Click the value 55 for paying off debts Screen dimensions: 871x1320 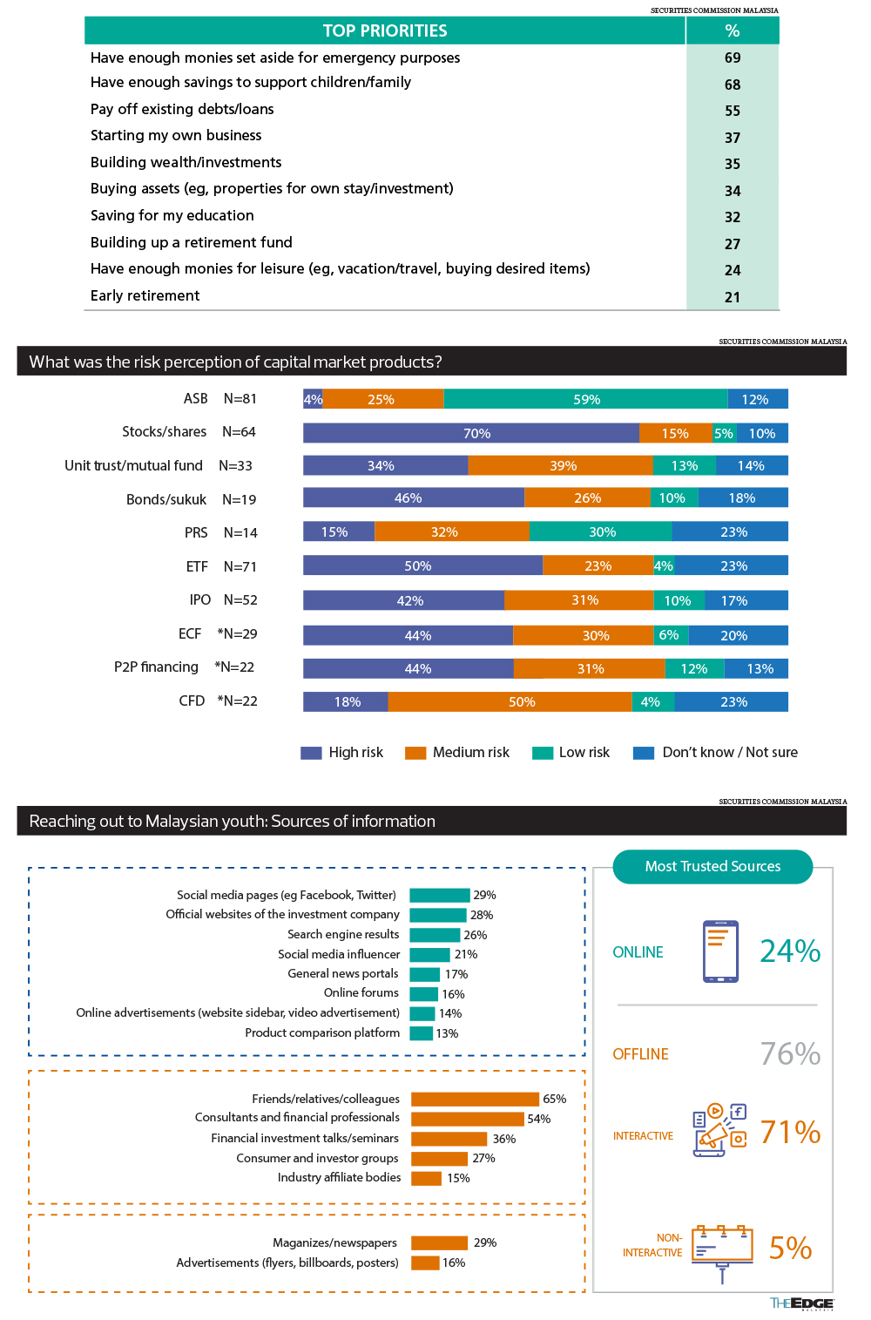click(x=732, y=111)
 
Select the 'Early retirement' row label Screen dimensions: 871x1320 click(x=145, y=295)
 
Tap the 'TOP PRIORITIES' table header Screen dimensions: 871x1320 click(x=385, y=30)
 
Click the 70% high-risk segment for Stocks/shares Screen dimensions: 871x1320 click(x=471, y=433)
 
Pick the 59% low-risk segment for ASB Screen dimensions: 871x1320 click(x=585, y=399)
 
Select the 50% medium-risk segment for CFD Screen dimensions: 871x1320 click(x=510, y=702)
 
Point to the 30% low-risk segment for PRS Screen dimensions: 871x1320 click(x=601, y=531)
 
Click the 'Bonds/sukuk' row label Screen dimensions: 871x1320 click(x=166, y=500)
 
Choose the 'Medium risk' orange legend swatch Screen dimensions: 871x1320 click(x=415, y=753)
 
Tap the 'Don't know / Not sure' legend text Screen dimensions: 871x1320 click(x=730, y=753)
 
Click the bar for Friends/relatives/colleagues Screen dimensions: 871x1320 click(x=475, y=1099)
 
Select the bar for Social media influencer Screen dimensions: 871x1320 click(x=429, y=955)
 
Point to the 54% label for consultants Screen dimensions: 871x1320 click(x=539, y=1119)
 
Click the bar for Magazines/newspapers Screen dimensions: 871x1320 click(x=439, y=1242)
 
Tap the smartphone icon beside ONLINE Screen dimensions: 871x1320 click(x=720, y=951)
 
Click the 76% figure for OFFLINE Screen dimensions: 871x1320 click(x=790, y=1053)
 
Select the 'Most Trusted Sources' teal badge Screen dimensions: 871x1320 click(x=712, y=866)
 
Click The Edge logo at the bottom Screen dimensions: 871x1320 click(x=801, y=1303)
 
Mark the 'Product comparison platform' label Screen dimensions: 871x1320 click(x=322, y=1033)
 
